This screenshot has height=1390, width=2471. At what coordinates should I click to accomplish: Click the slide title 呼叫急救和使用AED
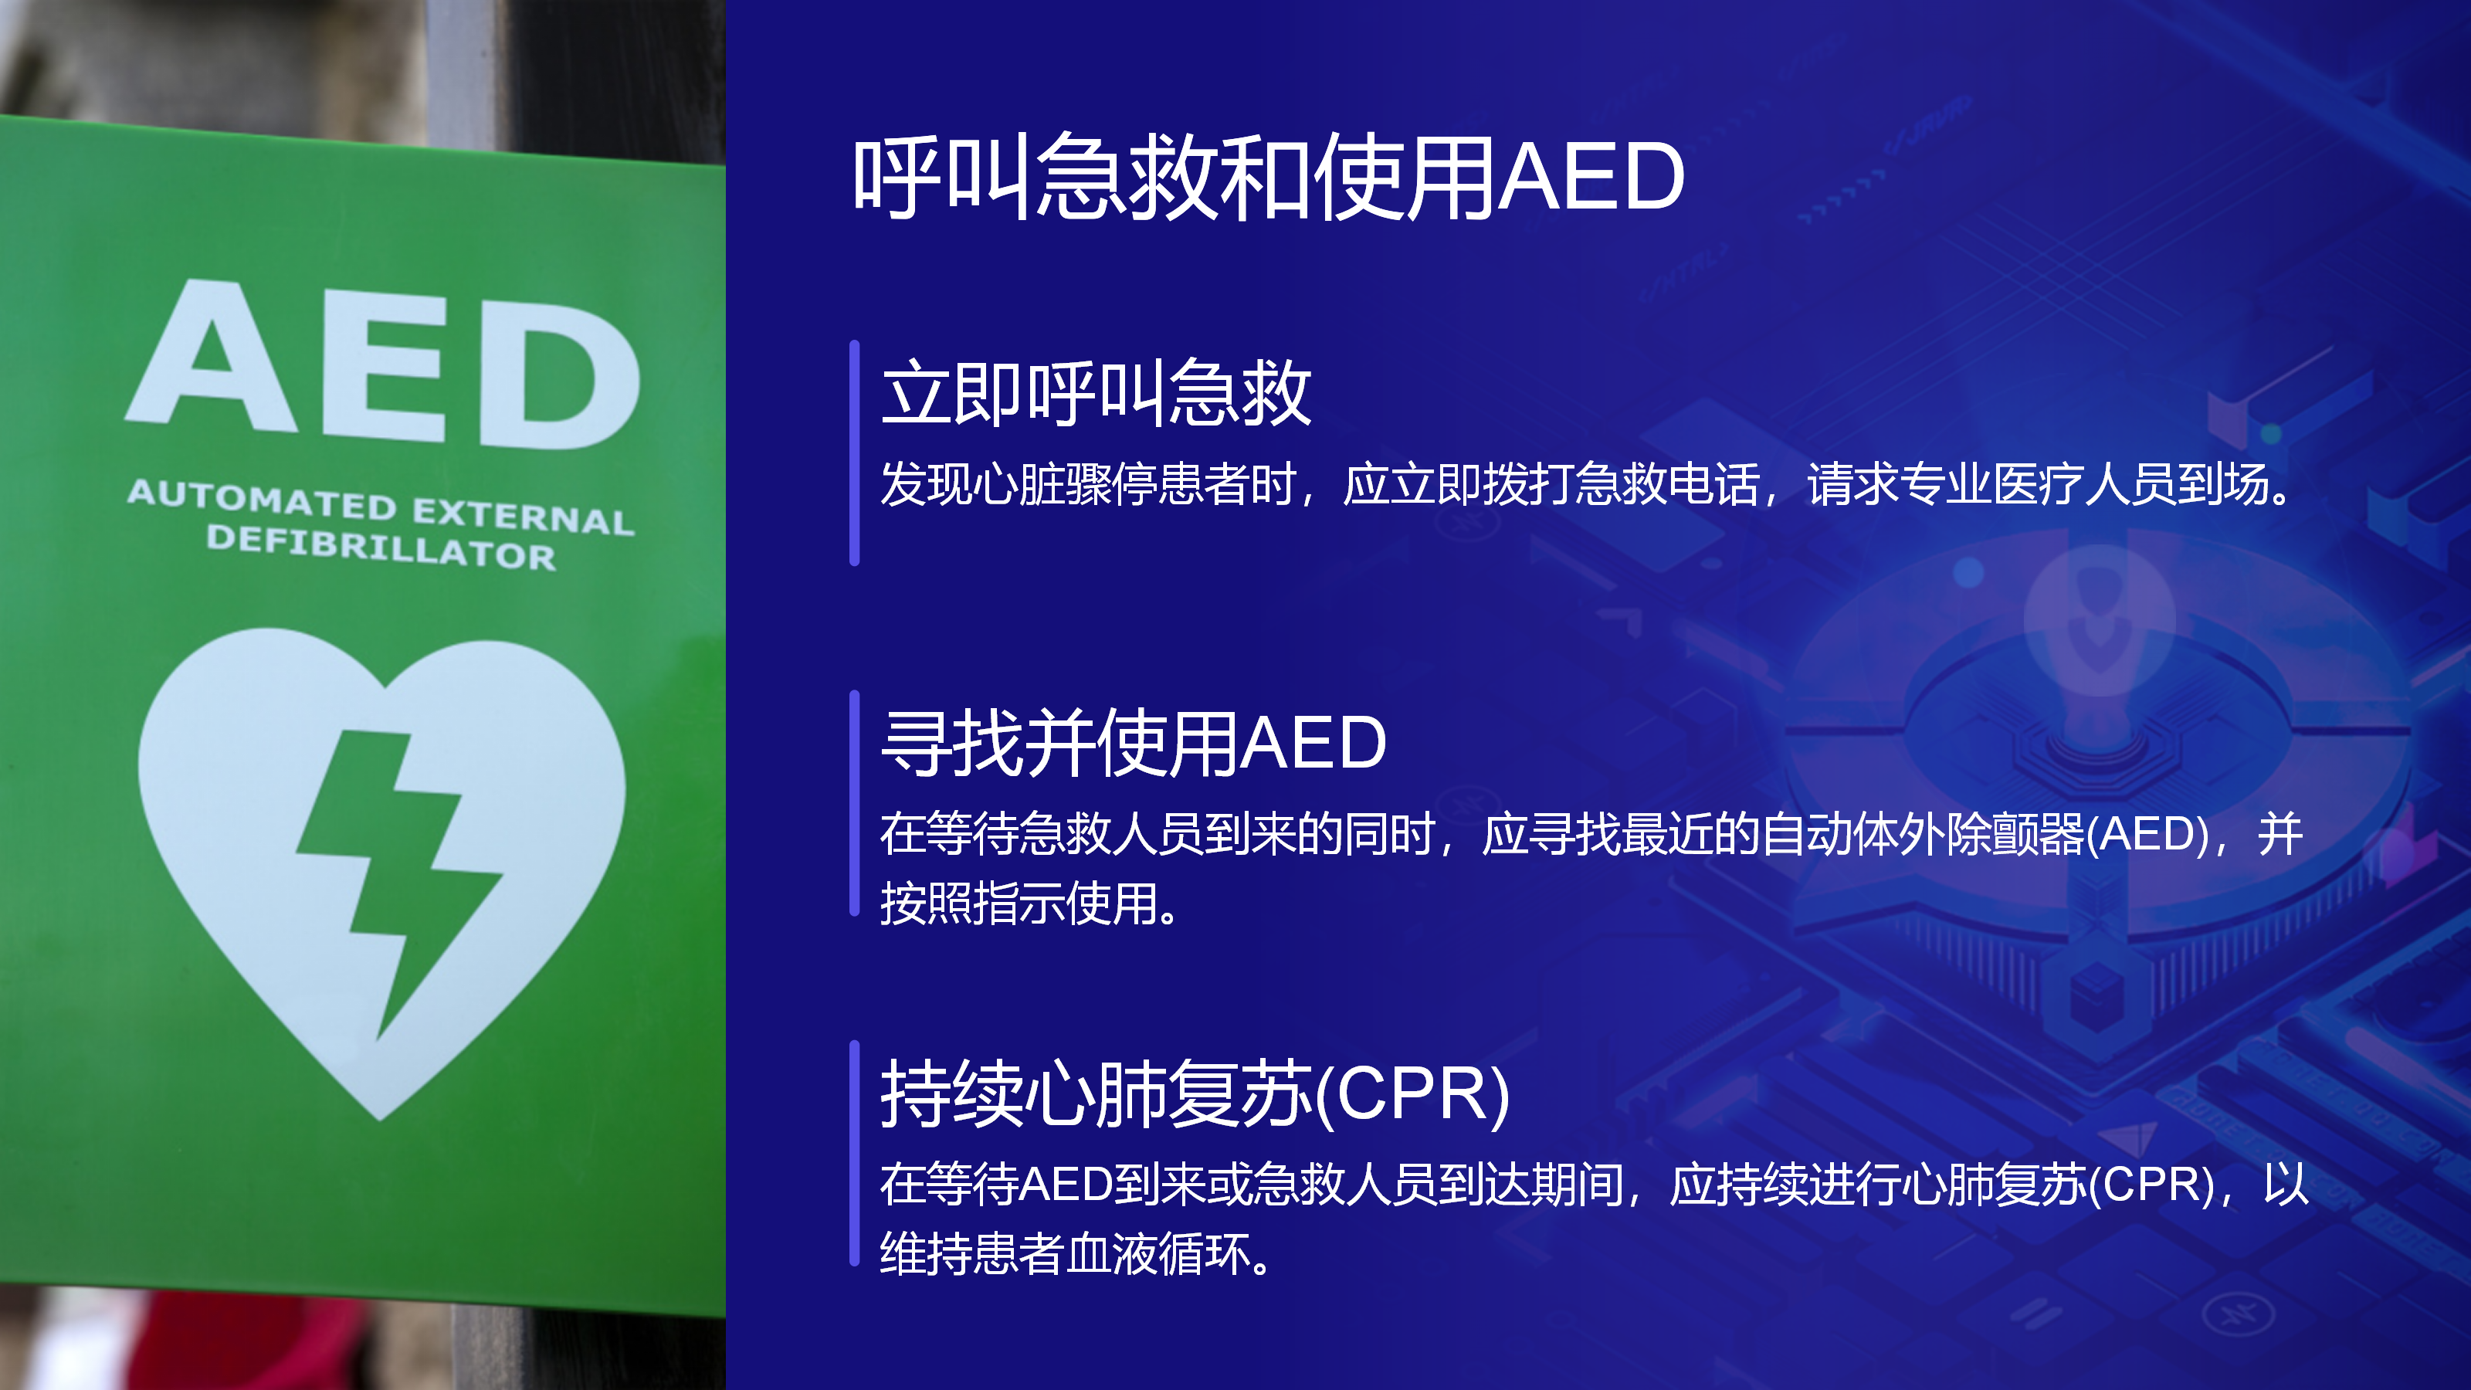pyautogui.click(x=1268, y=177)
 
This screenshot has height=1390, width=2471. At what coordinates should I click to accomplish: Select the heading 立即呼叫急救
pyautogui.click(x=1097, y=392)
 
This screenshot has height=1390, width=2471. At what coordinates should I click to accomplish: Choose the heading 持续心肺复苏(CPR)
pyautogui.click(x=1195, y=1093)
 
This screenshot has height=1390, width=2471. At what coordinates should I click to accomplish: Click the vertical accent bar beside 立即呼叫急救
pyautogui.click(x=854, y=453)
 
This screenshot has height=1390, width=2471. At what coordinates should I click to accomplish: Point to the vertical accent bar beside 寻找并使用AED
pyautogui.click(x=854, y=803)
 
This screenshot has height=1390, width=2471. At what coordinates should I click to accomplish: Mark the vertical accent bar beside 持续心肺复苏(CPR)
pyautogui.click(x=854, y=1153)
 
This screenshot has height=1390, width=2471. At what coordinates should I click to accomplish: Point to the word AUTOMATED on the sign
pyautogui.click(x=262, y=500)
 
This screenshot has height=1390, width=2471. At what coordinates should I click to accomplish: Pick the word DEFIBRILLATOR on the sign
pyautogui.click(x=381, y=548)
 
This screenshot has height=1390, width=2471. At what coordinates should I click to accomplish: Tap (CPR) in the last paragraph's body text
pyautogui.click(x=2151, y=1184)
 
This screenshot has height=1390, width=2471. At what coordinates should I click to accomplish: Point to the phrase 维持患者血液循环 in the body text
pyautogui.click(x=1065, y=1254)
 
